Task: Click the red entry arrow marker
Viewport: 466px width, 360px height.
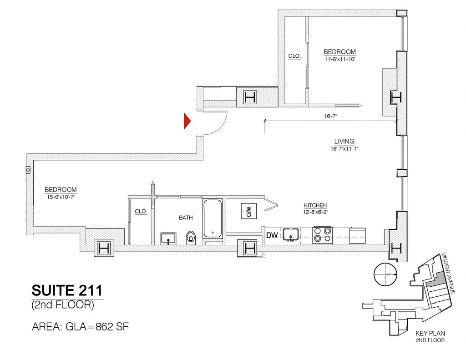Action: click(187, 121)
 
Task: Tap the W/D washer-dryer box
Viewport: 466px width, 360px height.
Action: click(249, 211)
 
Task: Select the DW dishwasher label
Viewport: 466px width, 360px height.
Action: click(272, 235)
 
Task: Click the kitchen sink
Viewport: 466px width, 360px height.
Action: click(290, 235)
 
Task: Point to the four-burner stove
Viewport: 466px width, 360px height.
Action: click(323, 235)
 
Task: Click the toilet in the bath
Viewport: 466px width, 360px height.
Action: click(191, 237)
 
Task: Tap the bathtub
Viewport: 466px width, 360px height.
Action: click(213, 218)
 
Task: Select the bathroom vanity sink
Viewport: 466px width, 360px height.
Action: click(168, 238)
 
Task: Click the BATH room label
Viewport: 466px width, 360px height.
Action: click(186, 218)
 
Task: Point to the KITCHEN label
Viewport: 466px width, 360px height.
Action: click(315, 206)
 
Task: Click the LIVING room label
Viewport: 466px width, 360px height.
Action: click(344, 142)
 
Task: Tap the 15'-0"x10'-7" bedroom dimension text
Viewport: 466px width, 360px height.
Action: click(61, 197)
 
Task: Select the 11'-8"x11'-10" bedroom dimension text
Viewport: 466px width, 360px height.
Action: click(339, 59)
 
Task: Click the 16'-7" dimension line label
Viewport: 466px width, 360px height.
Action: click(330, 117)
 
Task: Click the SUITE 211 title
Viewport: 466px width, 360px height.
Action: click(67, 290)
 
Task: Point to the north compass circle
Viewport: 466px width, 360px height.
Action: click(385, 275)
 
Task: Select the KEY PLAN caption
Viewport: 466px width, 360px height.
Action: click(430, 333)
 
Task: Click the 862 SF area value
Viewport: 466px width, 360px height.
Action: click(113, 327)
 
